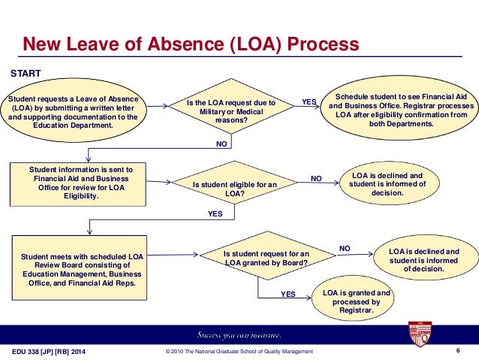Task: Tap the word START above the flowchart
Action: (24, 74)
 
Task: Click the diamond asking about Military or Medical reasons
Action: (230, 110)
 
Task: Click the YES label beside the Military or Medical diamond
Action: (309, 101)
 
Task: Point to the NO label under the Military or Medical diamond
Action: (221, 141)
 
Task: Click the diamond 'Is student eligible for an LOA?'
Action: (235, 187)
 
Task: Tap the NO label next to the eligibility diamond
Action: (316, 179)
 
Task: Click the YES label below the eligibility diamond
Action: (215, 214)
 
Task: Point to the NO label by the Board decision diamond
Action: (345, 247)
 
